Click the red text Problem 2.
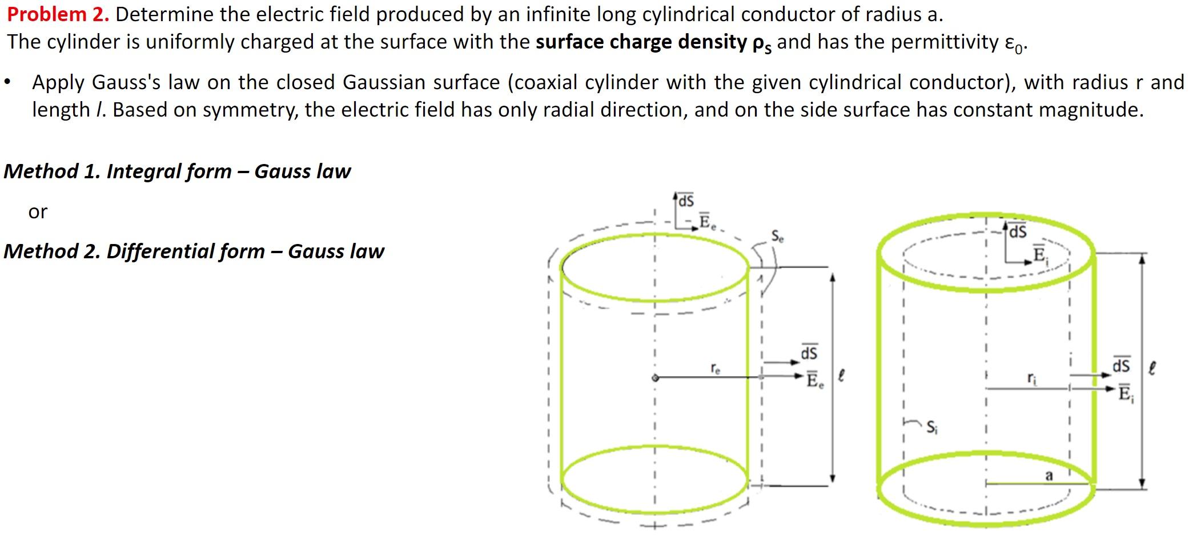tap(58, 14)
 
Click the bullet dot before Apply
tap(7, 83)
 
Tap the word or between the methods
tap(38, 212)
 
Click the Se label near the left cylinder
tap(777, 236)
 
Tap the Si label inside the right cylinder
tap(931, 427)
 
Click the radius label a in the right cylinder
tap(1049, 475)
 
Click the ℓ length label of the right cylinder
tap(1152, 367)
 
